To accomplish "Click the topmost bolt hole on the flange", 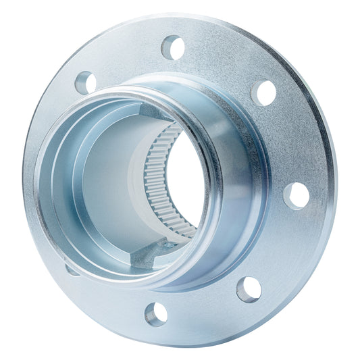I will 173,47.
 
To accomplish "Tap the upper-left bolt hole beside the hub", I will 86,82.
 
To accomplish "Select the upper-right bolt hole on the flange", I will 264,92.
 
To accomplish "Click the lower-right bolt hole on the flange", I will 249,288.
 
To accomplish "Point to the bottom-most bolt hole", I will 156,313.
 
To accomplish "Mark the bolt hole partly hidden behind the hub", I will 70,269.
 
